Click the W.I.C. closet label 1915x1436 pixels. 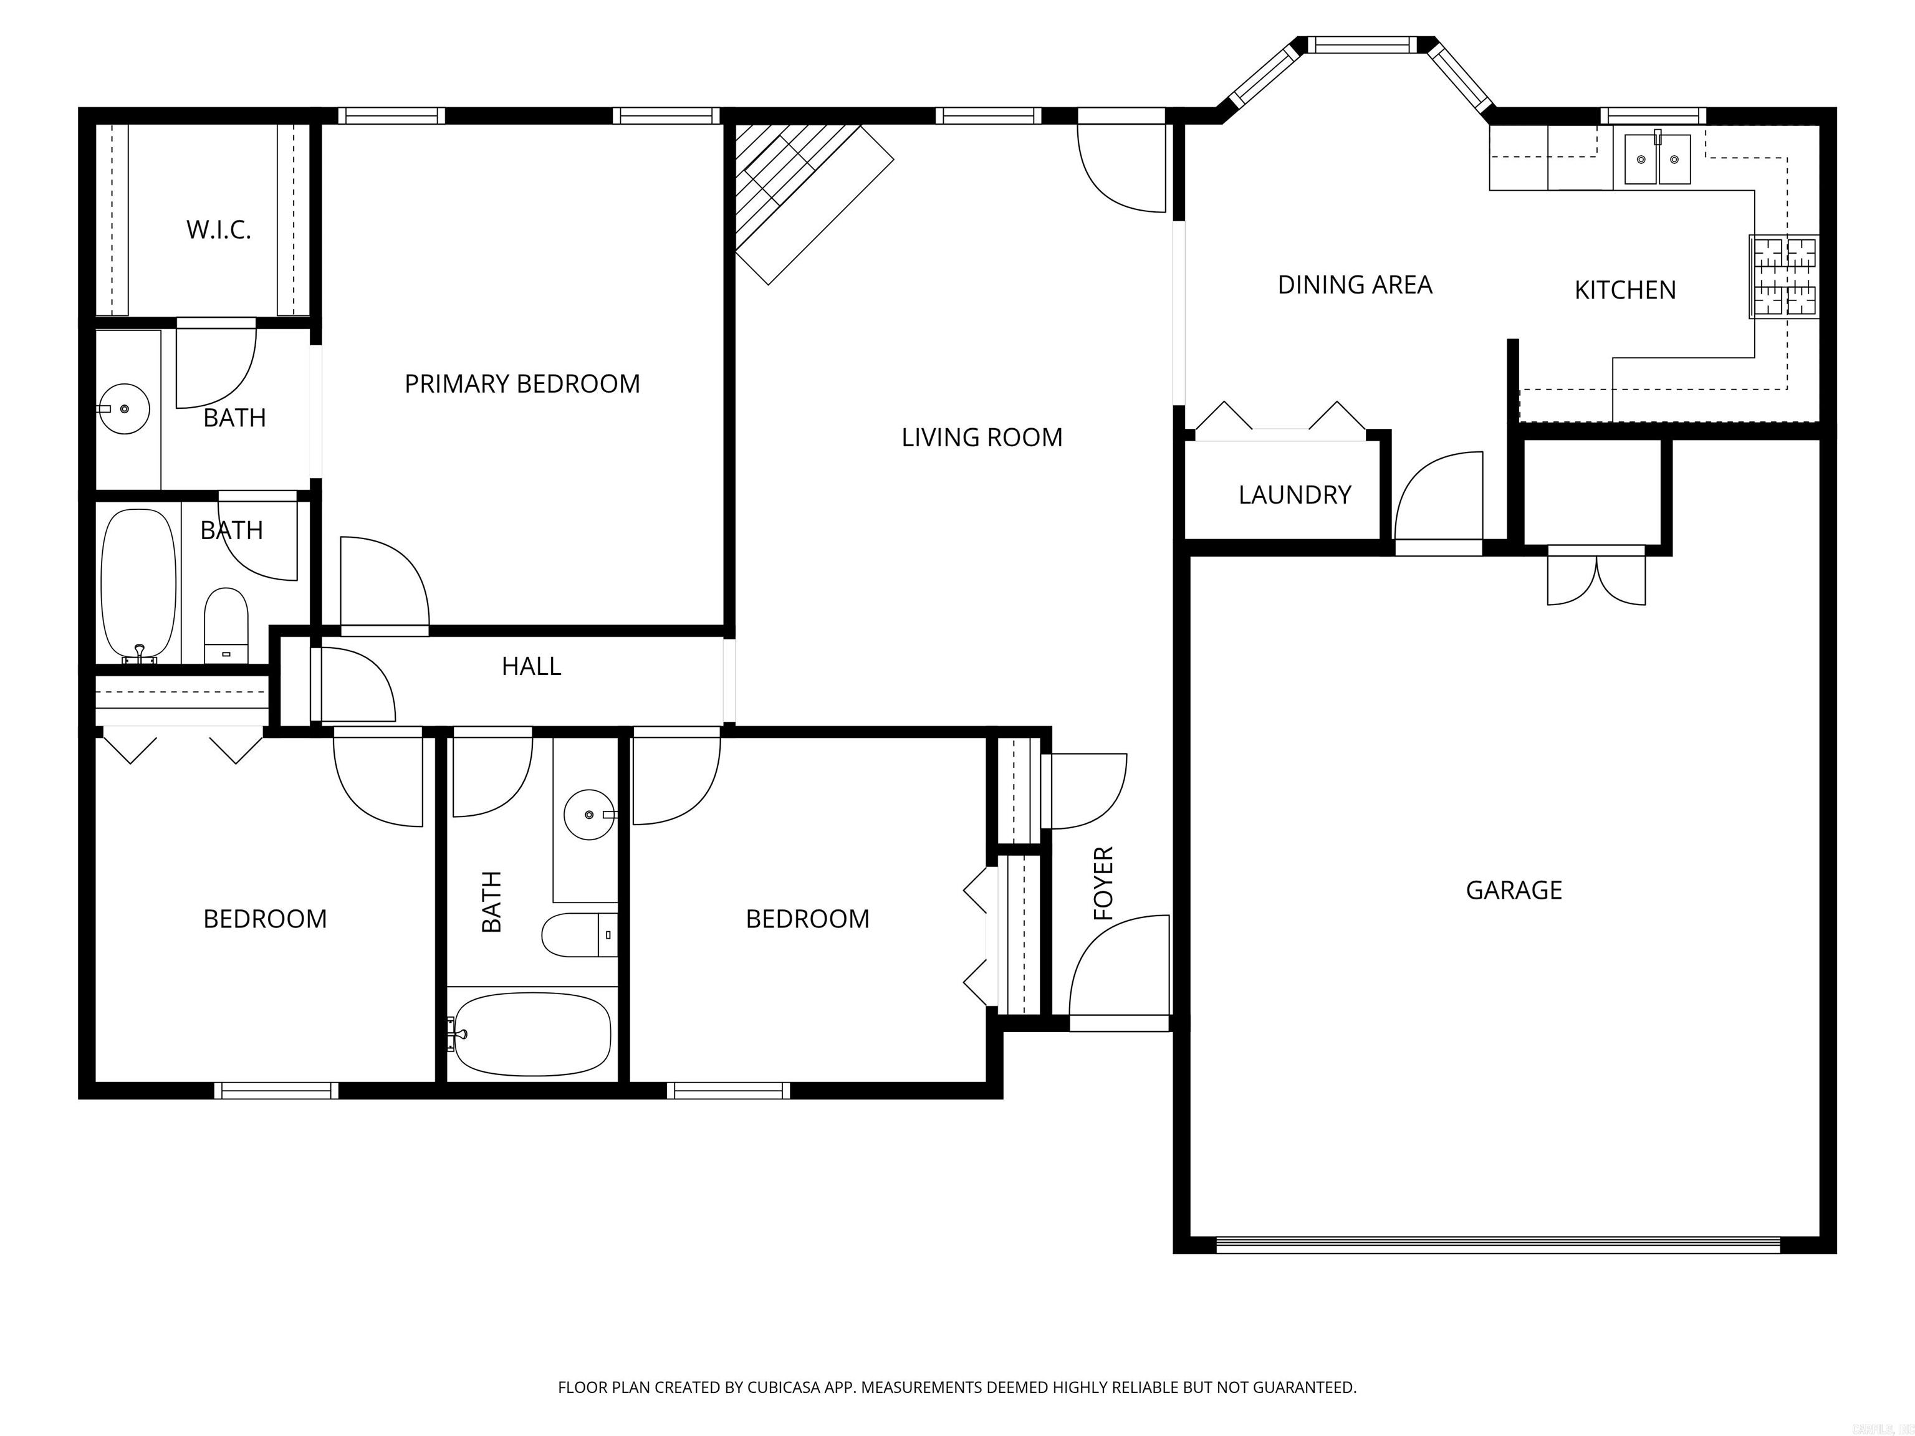tap(218, 229)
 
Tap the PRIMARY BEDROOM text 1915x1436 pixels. tap(522, 383)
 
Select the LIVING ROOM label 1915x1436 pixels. tap(982, 437)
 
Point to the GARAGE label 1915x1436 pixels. tap(1514, 890)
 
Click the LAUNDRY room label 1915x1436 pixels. tap(1294, 494)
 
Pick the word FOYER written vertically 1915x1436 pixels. tap(1103, 883)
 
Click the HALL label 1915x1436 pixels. tap(530, 666)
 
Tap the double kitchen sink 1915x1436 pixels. tap(1657, 160)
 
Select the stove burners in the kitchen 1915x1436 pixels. tap(1784, 276)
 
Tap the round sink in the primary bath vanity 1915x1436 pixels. tap(124, 408)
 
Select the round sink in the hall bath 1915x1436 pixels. tap(588, 815)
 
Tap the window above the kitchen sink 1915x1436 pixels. tap(1652, 116)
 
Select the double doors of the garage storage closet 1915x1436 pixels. tap(1596, 578)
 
